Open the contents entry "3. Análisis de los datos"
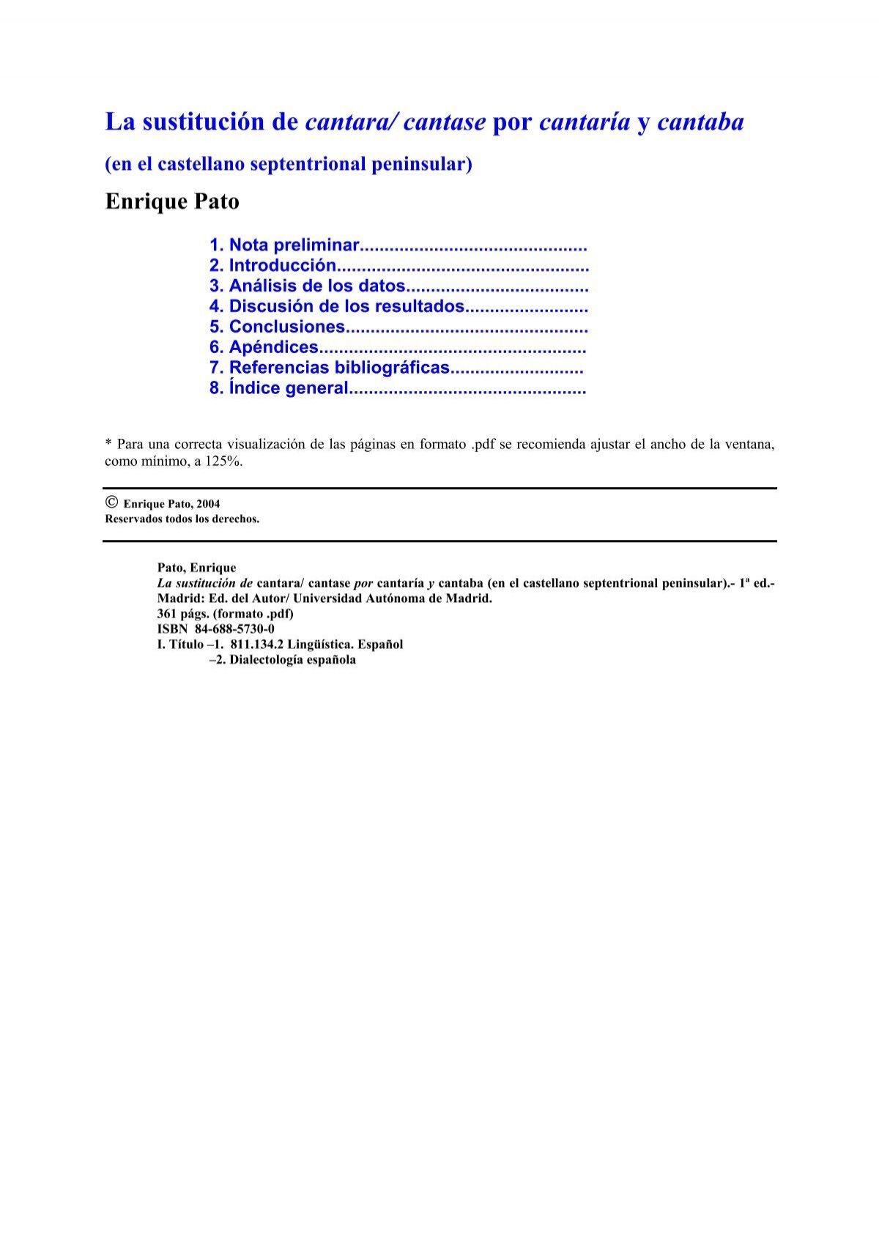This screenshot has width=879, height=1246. (307, 286)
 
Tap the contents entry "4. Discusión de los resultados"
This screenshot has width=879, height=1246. (336, 306)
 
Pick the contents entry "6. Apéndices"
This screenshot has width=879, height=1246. (264, 347)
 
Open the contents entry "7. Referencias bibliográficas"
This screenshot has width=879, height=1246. (329, 368)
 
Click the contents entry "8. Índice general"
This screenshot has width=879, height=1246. (278, 388)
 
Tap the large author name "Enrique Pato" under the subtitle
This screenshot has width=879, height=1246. (172, 201)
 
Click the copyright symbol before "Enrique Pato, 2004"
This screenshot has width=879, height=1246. (111, 503)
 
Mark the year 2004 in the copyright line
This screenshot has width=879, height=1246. (208, 504)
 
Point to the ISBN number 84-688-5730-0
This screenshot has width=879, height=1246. (234, 629)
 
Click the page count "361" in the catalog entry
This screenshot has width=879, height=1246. (168, 614)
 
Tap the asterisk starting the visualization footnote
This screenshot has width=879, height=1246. (108, 443)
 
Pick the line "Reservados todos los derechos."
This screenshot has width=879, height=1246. (182, 519)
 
